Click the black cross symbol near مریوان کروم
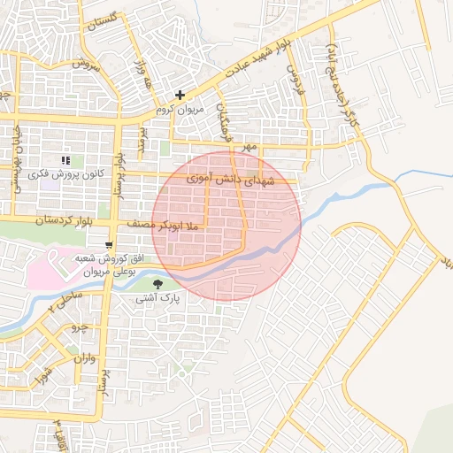(180, 95)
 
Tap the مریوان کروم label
(180, 110)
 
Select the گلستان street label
(104, 20)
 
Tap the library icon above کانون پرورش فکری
(65, 161)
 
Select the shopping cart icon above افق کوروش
(109, 245)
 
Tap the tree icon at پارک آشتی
(157, 284)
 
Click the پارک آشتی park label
(157, 299)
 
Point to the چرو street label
(80, 326)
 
